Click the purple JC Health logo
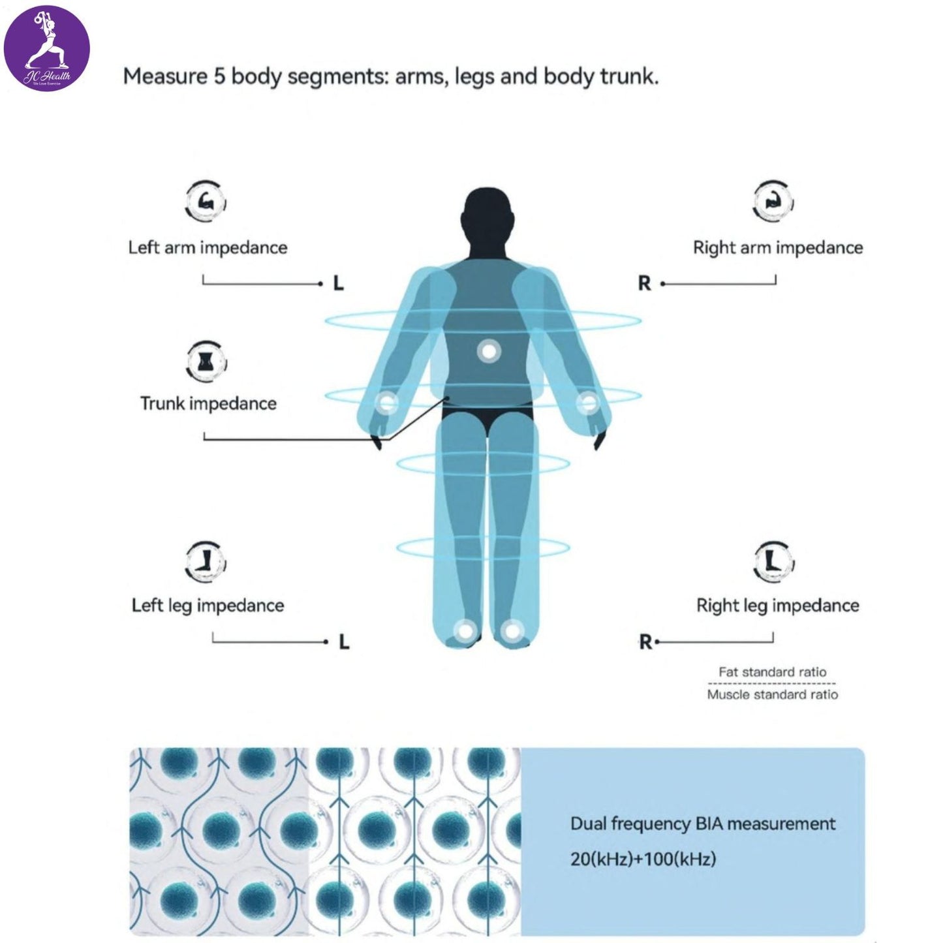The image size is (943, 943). (47, 48)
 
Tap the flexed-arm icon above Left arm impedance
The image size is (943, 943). (206, 202)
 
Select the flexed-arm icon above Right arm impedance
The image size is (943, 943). (773, 202)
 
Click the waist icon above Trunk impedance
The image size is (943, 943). (206, 361)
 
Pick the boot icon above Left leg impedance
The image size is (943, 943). (206, 561)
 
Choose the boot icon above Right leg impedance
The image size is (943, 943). (774, 561)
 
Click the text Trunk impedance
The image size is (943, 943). (208, 403)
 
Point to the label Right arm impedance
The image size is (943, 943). (777, 248)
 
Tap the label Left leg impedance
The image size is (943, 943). (208, 606)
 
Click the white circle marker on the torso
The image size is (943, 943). (488, 352)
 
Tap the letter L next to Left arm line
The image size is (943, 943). (338, 284)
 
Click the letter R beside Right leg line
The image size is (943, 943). (645, 643)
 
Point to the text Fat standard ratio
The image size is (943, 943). (772, 672)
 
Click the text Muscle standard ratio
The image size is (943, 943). (772, 695)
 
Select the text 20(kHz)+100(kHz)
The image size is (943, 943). (643, 859)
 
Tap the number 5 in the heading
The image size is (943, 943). (219, 77)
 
